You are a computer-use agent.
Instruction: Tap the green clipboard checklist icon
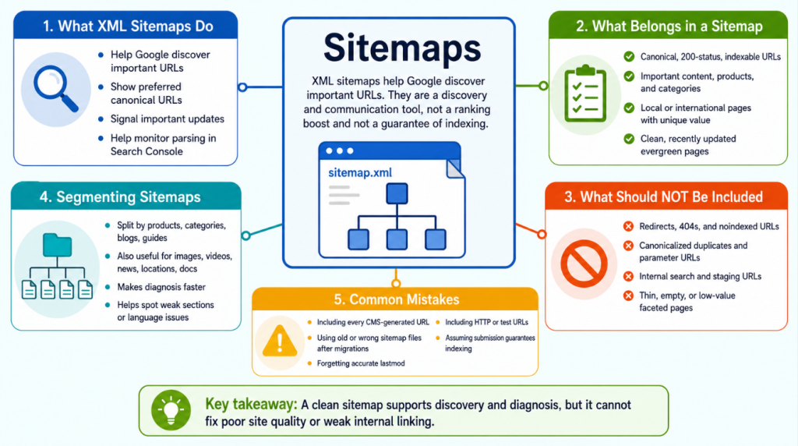(585, 94)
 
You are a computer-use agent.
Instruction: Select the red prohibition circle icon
(584, 264)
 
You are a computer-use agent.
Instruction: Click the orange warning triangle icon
(280, 341)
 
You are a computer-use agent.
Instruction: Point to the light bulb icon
(171, 410)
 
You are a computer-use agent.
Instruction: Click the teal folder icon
(57, 245)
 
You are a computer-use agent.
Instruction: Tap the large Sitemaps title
(402, 48)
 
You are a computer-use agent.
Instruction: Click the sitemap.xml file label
(360, 172)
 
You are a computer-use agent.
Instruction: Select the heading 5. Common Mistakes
(397, 299)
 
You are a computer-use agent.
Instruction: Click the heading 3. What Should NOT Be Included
(663, 197)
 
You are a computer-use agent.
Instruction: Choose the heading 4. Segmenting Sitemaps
(120, 197)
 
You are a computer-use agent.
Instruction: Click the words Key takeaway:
(251, 404)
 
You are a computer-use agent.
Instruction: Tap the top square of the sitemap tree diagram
(397, 194)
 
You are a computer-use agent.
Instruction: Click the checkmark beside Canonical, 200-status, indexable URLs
(629, 56)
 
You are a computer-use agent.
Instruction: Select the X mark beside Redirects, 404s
(629, 226)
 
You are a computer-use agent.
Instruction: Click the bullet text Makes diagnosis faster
(161, 287)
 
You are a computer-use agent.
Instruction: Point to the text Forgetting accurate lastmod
(361, 363)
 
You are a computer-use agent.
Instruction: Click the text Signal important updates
(168, 119)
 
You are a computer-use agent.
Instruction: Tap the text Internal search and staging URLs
(701, 277)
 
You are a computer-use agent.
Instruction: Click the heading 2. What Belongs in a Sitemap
(669, 27)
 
